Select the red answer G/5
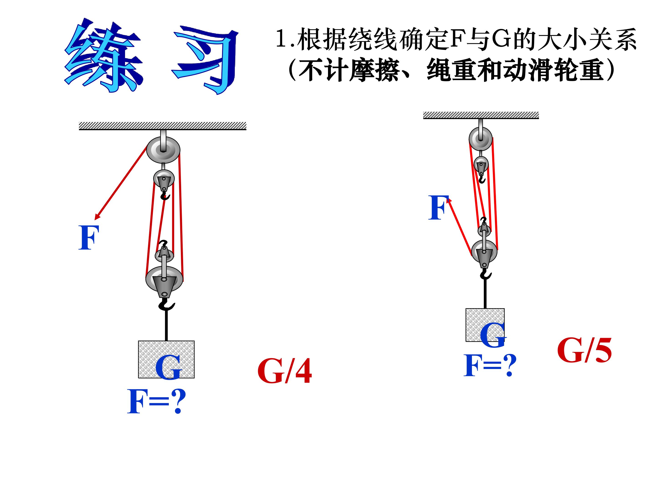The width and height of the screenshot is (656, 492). (584, 351)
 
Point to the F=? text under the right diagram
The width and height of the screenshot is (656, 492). (490, 365)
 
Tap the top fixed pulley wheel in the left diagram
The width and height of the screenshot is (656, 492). (163, 150)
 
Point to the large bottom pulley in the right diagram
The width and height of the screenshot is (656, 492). (484, 251)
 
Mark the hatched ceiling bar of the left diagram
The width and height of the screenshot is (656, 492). (162, 126)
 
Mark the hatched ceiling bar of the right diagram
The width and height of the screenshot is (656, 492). (481, 115)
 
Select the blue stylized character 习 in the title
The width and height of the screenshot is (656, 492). (205, 59)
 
